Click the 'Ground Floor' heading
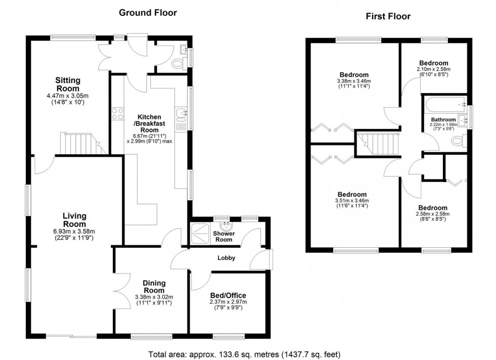pyautogui.click(x=148, y=13)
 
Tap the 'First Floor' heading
pyautogui.click(x=388, y=16)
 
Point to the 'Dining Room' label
pyautogui.click(x=154, y=287)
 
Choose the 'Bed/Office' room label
pyautogui.click(x=228, y=296)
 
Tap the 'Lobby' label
pyautogui.click(x=227, y=258)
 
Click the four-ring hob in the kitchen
pyautogui.click(x=117, y=114)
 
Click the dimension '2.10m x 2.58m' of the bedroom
pyautogui.click(x=433, y=69)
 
